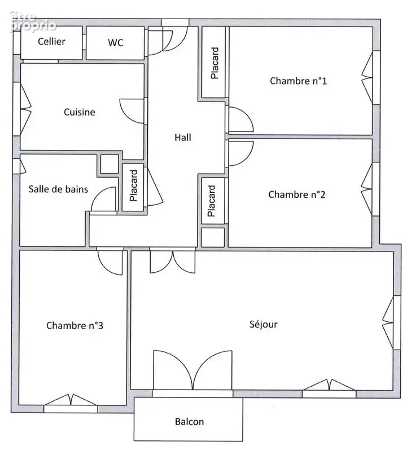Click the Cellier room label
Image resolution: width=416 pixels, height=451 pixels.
pyautogui.click(x=51, y=41)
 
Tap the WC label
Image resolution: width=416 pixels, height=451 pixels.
pyautogui.click(x=116, y=43)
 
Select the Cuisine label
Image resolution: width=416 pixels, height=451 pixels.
pyautogui.click(x=80, y=112)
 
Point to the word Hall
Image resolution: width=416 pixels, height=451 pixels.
pyautogui.click(x=183, y=138)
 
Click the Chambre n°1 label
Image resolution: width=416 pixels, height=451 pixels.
pyautogui.click(x=298, y=81)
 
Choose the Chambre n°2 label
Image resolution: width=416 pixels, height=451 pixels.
pyautogui.click(x=297, y=194)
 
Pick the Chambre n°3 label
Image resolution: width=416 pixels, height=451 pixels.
pyautogui.click(x=75, y=326)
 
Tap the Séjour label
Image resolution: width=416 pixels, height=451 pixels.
pyautogui.click(x=264, y=324)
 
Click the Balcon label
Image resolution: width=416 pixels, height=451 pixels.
pyautogui.click(x=190, y=422)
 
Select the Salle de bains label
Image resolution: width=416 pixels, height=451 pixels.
pyautogui.click(x=58, y=189)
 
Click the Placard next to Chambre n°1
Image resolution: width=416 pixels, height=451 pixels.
pyautogui.click(x=214, y=63)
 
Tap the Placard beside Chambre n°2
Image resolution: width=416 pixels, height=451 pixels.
pyautogui.click(x=211, y=201)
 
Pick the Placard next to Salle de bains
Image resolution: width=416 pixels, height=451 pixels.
pyautogui.click(x=133, y=185)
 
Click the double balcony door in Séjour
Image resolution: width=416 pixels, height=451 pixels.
pyautogui.click(x=192, y=370)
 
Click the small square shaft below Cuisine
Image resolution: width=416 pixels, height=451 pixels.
pyautogui.click(x=110, y=164)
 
